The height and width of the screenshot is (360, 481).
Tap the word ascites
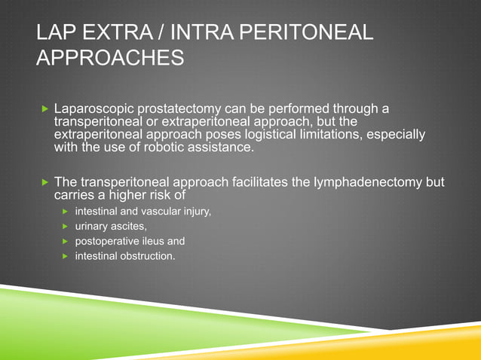click(129, 227)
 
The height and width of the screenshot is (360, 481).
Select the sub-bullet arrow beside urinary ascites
click(66, 227)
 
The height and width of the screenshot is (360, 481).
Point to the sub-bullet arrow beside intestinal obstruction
click(66, 258)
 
